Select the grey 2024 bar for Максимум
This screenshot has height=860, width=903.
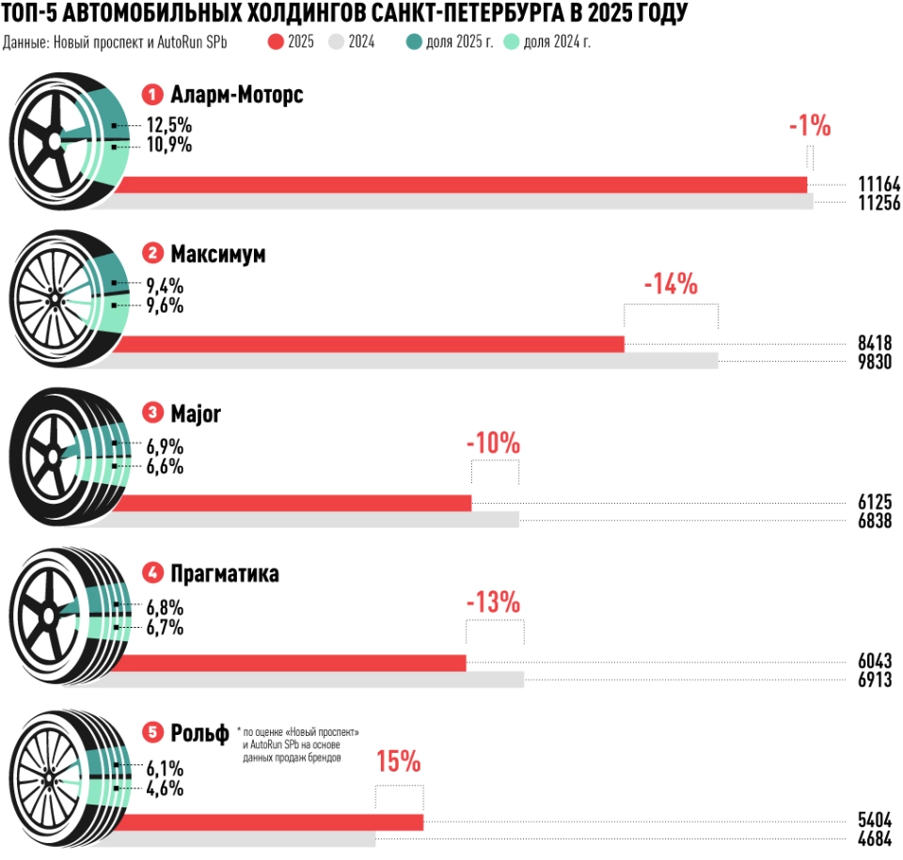click(x=414, y=361)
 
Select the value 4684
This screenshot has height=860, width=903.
click(x=874, y=838)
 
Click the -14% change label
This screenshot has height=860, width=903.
click(x=671, y=283)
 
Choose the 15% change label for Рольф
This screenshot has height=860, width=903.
click(x=399, y=762)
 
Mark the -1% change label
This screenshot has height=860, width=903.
click(x=810, y=125)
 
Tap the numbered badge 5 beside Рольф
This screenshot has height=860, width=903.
click(x=152, y=732)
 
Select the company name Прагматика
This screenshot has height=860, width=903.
click(x=225, y=573)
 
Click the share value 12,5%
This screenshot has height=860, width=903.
click(x=169, y=125)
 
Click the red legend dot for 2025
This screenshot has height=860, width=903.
click(x=276, y=42)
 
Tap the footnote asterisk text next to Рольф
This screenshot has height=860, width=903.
click(x=298, y=743)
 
